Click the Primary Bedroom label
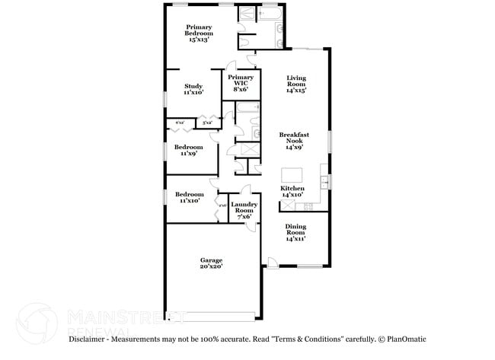click(x=199, y=33)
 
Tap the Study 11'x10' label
click(x=193, y=89)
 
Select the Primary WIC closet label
click(x=240, y=83)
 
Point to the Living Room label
click(x=296, y=84)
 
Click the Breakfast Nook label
click(x=293, y=142)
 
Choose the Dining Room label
click(x=295, y=232)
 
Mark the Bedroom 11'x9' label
click(x=188, y=150)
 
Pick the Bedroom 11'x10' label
click(x=189, y=197)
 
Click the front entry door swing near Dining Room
click(x=272, y=262)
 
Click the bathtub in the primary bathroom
click(x=271, y=13)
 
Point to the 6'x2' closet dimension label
click(x=180, y=123)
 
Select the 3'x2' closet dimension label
click(x=206, y=123)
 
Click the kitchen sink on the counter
click(x=324, y=182)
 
